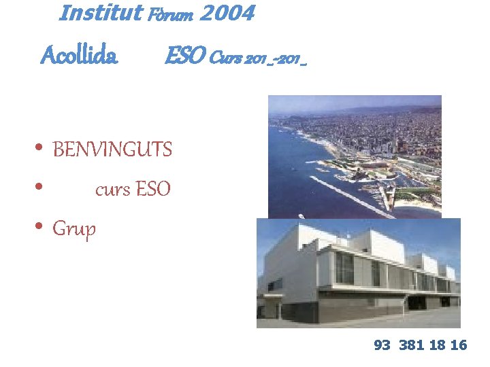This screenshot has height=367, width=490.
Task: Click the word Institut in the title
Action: pos(101,13)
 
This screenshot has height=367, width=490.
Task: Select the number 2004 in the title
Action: pos(227,13)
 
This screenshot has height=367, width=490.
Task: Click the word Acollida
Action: pos(80,56)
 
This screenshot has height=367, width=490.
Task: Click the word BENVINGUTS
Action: pos(112,150)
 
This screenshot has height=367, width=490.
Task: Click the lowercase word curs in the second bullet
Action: pos(112,190)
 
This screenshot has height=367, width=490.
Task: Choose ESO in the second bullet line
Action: pos(153,190)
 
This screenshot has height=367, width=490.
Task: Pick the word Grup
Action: pos(74,229)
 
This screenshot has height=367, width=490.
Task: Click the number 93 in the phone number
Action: pos(382,345)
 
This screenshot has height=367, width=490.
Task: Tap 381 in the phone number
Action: pos(411,345)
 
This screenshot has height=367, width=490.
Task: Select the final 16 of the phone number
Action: pos(459,345)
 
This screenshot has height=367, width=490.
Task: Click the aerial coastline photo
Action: pos(354,156)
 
